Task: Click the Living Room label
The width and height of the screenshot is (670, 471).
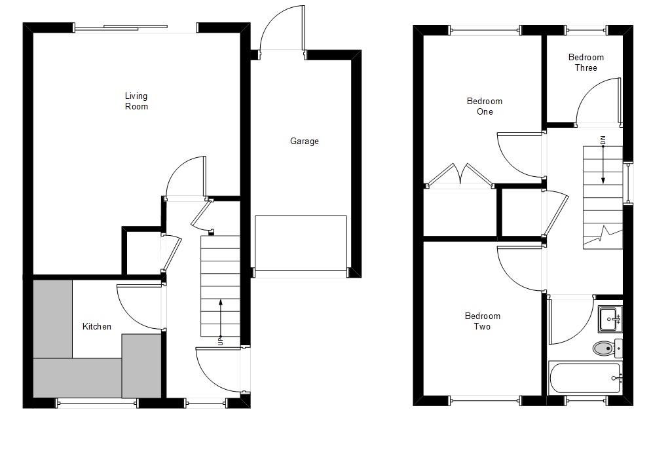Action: tap(136, 101)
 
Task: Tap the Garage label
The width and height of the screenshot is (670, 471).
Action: tap(305, 141)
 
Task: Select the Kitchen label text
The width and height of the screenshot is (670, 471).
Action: tap(96, 326)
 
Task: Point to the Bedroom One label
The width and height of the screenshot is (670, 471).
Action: tap(484, 106)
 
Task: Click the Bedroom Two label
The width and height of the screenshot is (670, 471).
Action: tap(482, 321)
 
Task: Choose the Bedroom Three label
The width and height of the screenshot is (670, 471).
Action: tap(586, 62)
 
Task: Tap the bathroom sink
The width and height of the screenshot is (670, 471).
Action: tap(609, 319)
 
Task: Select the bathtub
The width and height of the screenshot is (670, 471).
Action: tap(585, 379)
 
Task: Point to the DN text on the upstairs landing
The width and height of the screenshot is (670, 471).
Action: tap(603, 140)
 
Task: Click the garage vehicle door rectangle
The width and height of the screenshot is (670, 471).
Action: tap(301, 243)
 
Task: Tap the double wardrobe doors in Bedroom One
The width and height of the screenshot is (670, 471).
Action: tap(460, 176)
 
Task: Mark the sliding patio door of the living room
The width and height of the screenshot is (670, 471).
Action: tap(136, 28)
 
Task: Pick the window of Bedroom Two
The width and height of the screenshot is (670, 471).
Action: tap(485, 400)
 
